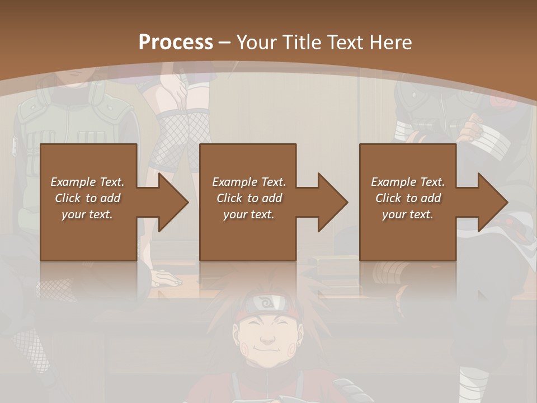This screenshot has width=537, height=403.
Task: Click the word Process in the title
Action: coord(176,43)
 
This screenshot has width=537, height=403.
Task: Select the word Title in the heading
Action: coord(304,43)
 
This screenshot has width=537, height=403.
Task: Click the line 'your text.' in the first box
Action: coord(87,214)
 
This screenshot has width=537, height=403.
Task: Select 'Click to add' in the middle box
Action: coord(249,198)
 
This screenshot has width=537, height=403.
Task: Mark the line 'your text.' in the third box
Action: coord(408,214)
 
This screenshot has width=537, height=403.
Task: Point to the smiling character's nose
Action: coord(268,339)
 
